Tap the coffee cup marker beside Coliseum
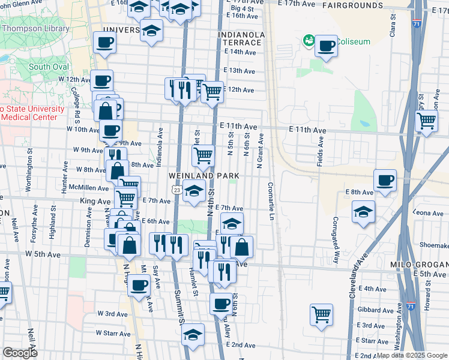pos(326,46)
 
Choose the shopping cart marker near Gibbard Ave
pos(322,313)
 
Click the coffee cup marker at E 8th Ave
pos(385,179)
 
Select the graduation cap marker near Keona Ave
pos(363,212)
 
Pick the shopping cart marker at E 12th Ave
pos(211,92)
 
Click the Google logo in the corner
pos(20,353)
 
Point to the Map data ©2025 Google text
pos(412,355)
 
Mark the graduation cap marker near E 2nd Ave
pos(193,335)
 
